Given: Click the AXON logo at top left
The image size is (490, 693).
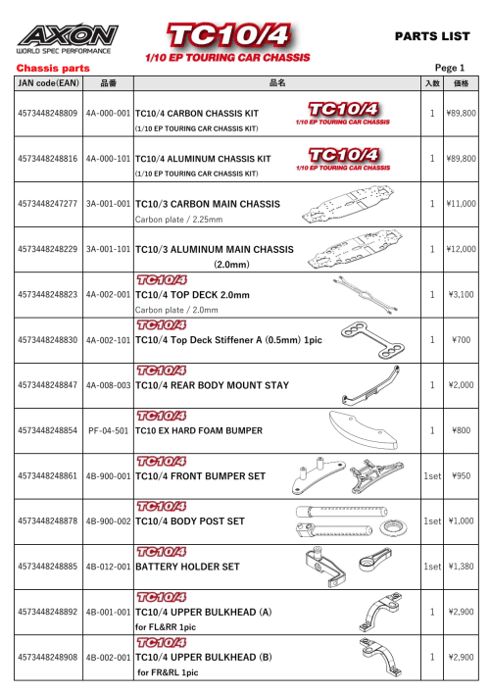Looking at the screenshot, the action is pos(63,36).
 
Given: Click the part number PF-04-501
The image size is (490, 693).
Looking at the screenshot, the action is pos(108,431).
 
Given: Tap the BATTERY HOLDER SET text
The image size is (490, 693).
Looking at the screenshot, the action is pos(187,567).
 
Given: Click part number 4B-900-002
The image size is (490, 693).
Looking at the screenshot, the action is pos(108,521).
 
